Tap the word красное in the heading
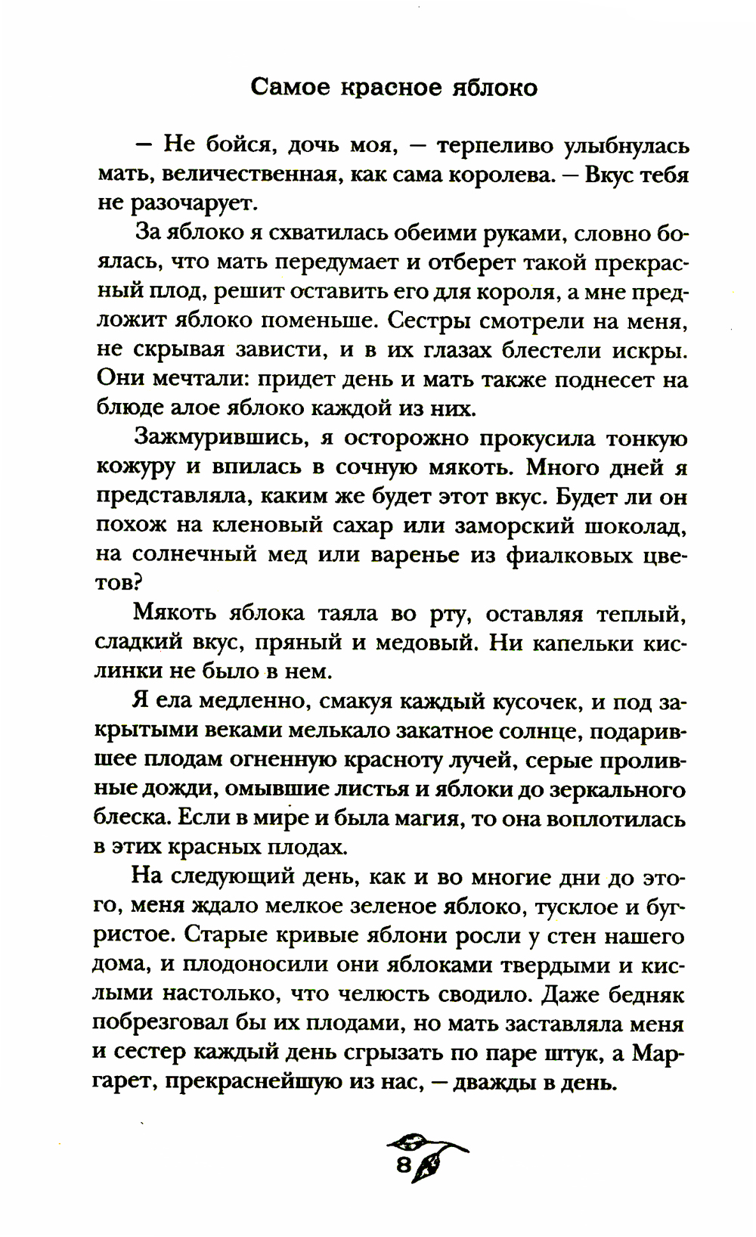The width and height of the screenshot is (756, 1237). (381, 88)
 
